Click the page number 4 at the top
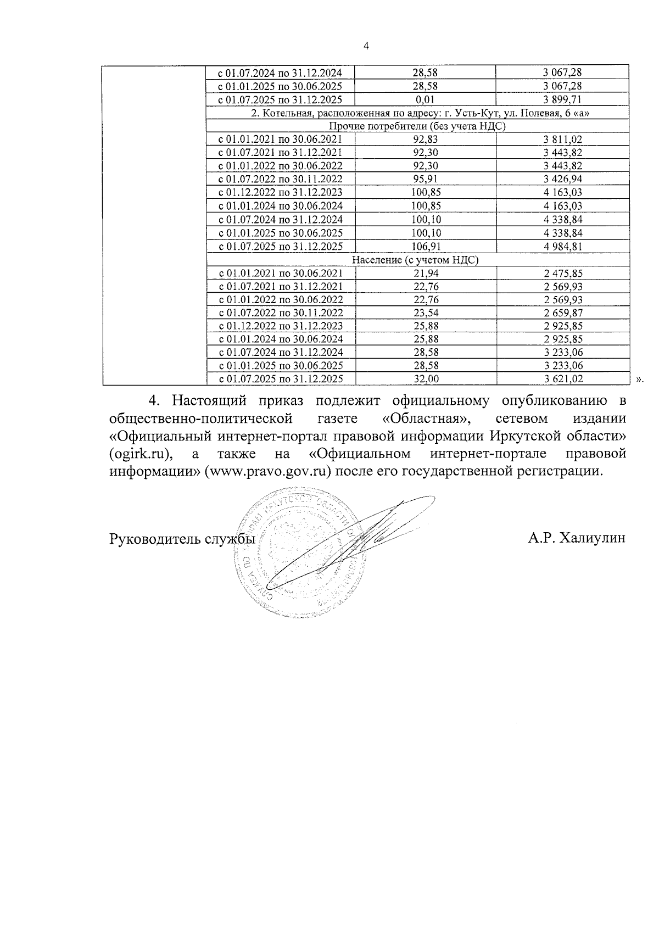[366, 46]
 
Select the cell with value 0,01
[425, 99]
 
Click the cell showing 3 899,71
[562, 99]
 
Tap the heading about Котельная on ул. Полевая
[423, 113]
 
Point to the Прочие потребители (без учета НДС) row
[423, 126]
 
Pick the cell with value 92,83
[425, 139]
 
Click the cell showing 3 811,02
[562, 139]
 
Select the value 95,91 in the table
[425, 179]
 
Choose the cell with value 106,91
[425, 246]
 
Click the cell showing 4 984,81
[562, 246]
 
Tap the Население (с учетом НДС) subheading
[415, 260]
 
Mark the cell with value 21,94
[425, 273]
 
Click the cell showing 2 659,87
[562, 313]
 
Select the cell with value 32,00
[425, 379]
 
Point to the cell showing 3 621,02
[562, 379]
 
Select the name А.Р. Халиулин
[577, 539]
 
